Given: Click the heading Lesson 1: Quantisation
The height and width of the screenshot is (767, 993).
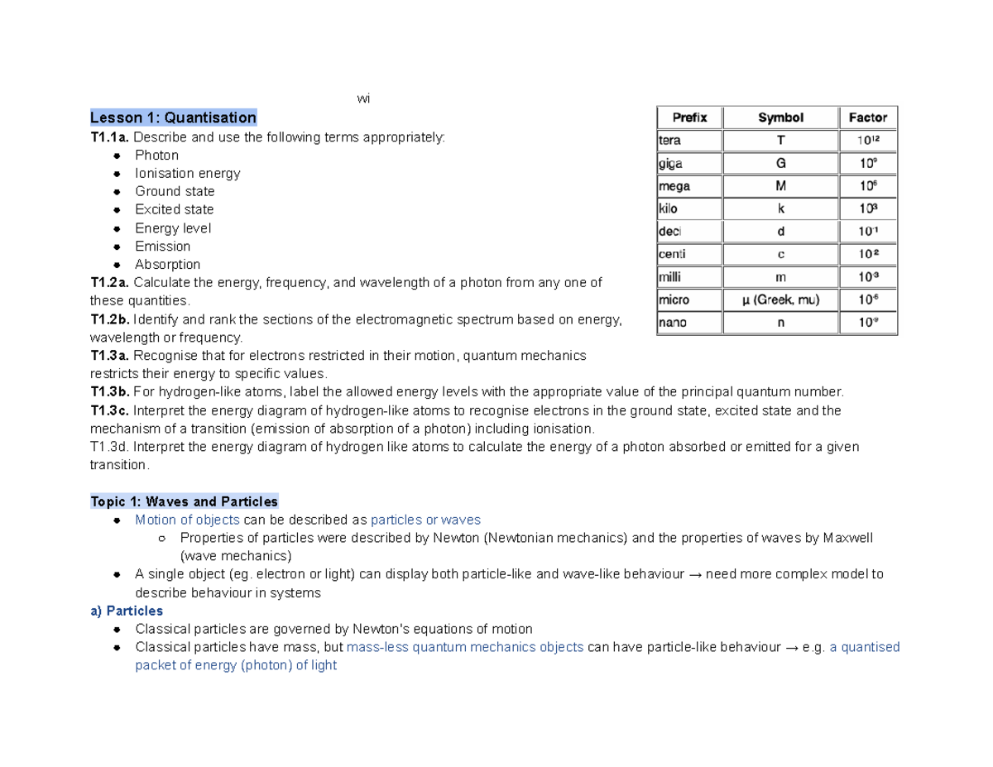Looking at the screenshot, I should pos(173,117).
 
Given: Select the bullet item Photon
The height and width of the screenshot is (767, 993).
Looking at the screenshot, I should pos(156,155).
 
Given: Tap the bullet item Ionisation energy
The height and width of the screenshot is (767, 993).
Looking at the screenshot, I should pos(187,173).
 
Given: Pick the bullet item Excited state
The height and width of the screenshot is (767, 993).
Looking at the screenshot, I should pos(174,209).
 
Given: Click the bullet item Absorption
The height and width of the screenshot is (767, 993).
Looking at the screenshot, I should pos(167,265).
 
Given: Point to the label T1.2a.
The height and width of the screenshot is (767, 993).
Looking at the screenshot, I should pos(109,283).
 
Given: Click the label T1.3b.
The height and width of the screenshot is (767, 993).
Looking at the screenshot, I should pos(110,392).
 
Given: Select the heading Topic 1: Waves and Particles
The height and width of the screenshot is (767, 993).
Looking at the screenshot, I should pos(184,501).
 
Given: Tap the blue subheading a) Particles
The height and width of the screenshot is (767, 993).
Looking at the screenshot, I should pos(126,611).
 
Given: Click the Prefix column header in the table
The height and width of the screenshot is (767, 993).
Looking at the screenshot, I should pos(688,117).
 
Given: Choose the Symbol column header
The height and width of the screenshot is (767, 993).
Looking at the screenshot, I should pos(780,117).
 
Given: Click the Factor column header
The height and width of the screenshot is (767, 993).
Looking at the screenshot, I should pos(867,117).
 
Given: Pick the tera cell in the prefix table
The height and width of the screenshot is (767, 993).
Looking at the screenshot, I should pos(669,141).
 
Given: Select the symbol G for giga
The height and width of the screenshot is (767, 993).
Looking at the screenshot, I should pos(780,163).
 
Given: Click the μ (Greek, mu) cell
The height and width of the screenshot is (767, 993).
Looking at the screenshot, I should pos(780,300).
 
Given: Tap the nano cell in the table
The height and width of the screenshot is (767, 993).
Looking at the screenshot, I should pos(672,323).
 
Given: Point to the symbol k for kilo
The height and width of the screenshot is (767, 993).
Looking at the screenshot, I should pos(780,209).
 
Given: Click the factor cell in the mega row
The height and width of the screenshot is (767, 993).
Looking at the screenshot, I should pos(867,186).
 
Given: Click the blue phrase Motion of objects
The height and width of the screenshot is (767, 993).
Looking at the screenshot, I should pos(187,520).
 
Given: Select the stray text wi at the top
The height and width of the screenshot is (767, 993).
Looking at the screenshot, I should pos(363,99).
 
